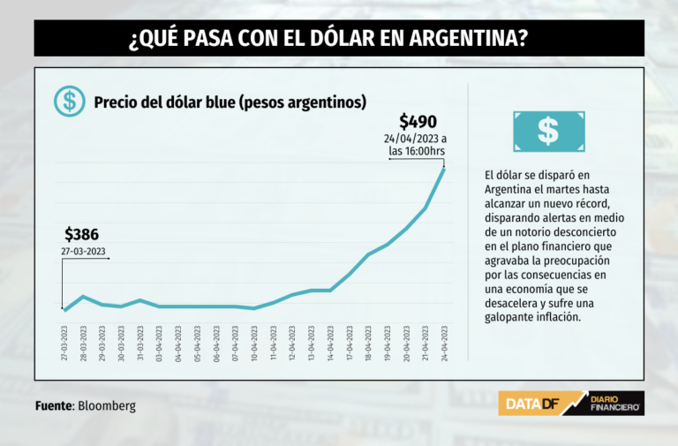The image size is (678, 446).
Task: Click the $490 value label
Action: pos(418,122)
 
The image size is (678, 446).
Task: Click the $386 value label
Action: pos(81,235)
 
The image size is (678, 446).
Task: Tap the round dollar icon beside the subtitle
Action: pos(69,102)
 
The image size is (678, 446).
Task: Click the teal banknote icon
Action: pos(548,131)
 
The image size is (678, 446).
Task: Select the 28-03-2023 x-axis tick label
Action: pos(84,343)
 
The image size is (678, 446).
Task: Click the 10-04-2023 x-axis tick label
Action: pos(254,343)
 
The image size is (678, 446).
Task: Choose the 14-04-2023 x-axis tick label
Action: pos(330,343)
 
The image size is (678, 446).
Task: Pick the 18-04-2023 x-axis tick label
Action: pos(368,343)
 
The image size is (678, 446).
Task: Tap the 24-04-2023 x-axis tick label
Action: pos(444,343)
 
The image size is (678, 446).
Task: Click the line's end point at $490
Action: pos(444,168)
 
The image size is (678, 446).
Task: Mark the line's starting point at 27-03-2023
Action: pos(64,309)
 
